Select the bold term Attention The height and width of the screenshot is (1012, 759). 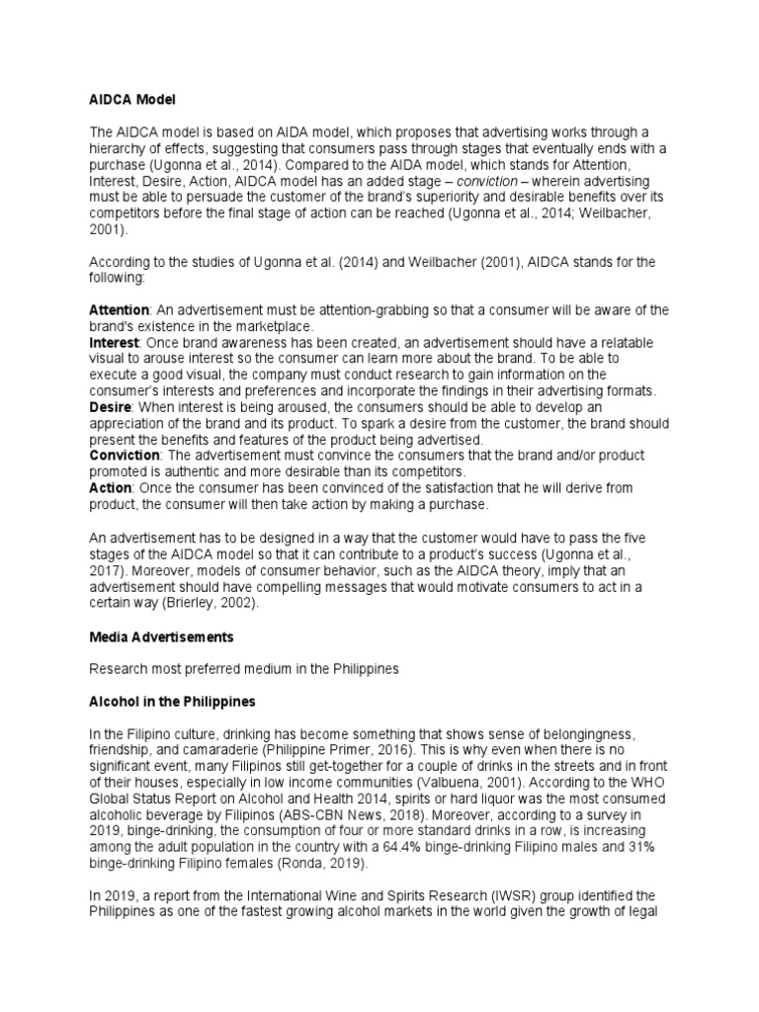click(120, 310)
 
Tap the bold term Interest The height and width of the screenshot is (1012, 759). click(114, 341)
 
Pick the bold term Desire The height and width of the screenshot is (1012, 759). click(111, 407)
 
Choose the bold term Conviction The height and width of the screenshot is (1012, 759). click(125, 456)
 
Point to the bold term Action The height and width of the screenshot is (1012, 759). click(110, 488)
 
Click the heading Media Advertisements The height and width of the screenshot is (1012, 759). click(162, 636)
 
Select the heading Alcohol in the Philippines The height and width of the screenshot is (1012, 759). click(172, 702)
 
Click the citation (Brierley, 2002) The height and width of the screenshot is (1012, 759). click(225, 603)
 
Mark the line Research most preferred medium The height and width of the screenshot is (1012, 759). click(243, 669)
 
